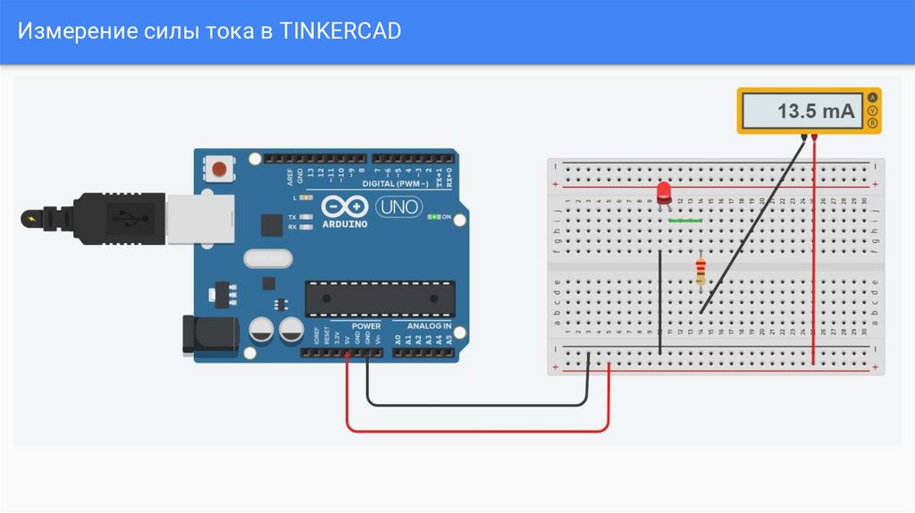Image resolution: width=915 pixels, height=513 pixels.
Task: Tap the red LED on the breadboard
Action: (663, 192)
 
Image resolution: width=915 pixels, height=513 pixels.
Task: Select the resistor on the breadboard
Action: (701, 271)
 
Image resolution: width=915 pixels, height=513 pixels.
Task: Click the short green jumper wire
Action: (685, 218)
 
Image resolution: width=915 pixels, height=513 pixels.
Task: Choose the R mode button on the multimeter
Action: (873, 122)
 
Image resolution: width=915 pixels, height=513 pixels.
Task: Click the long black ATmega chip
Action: (379, 299)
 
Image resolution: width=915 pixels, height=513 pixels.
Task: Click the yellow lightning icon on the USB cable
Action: (33, 217)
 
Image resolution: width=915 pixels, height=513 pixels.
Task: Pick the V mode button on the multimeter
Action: (873, 111)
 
